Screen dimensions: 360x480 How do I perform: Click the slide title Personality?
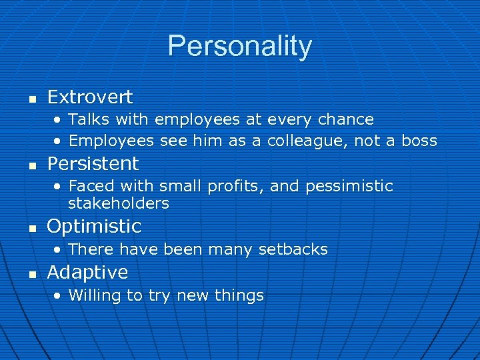click(x=239, y=46)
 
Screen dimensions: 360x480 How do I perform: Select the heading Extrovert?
click(x=90, y=97)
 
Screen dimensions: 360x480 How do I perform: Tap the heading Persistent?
click(x=93, y=163)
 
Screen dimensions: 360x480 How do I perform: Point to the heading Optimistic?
click(x=94, y=226)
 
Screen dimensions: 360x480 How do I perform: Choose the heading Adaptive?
click(x=87, y=272)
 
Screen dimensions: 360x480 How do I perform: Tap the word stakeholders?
click(x=119, y=203)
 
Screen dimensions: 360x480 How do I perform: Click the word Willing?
click(x=96, y=295)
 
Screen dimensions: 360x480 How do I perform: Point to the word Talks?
click(x=90, y=120)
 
